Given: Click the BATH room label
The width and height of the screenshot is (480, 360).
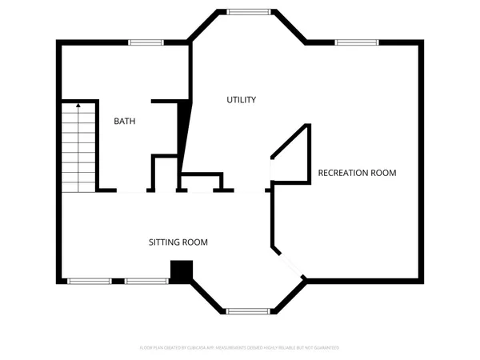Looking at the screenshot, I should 124,122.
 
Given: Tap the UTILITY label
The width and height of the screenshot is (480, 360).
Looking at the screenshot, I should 241,100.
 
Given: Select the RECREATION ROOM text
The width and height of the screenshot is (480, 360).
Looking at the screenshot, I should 357,173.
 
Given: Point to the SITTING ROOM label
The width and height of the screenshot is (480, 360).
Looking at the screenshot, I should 178,242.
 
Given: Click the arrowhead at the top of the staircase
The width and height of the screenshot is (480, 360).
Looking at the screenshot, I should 78,104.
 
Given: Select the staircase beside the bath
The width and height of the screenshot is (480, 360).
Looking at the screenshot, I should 78,148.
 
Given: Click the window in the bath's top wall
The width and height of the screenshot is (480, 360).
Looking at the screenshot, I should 146,42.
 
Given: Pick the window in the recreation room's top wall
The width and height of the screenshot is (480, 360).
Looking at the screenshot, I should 356,42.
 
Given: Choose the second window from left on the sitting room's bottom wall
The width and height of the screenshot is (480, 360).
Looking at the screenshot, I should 146,281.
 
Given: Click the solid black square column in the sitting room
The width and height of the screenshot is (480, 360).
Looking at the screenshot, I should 182,272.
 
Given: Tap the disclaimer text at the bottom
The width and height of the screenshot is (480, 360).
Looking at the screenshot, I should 240,348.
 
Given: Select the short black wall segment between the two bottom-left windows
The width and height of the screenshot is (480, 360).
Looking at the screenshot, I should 118,281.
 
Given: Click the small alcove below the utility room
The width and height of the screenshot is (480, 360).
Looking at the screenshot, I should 200,182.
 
